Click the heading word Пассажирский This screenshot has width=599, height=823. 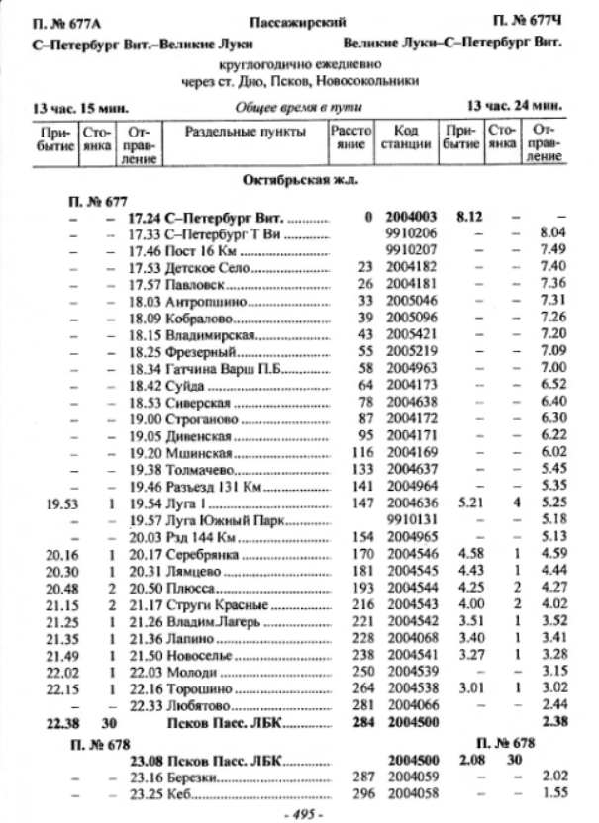[298, 20]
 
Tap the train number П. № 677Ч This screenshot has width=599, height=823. [527, 20]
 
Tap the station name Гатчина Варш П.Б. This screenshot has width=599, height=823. [210, 368]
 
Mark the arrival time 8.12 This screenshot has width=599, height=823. [465, 217]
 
